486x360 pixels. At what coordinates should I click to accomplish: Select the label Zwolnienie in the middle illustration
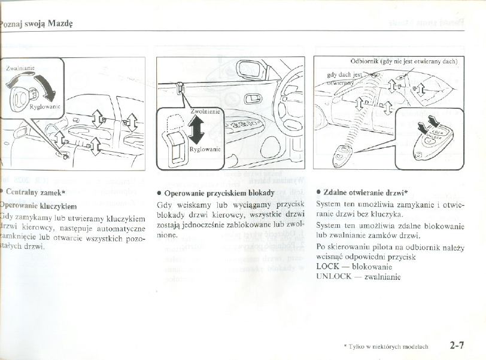click(x=204, y=111)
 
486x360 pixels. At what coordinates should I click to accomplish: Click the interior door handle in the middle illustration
click(x=253, y=97)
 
